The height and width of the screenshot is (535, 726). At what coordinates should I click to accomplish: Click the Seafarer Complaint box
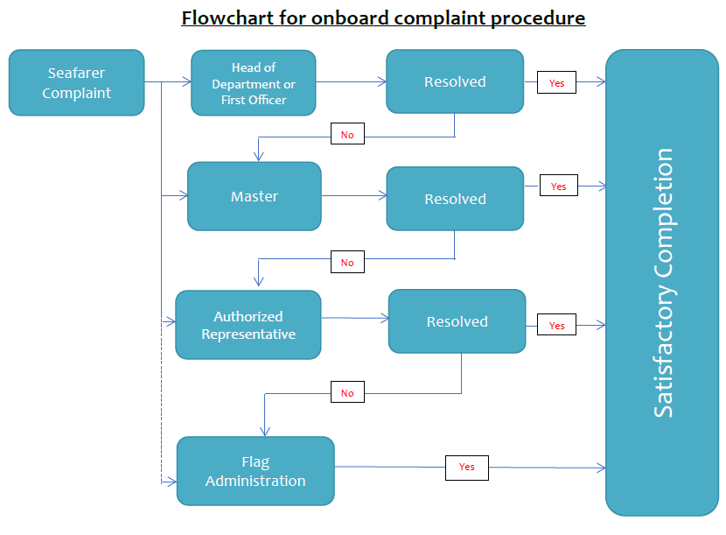click(76, 83)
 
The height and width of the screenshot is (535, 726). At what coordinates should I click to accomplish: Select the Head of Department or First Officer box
click(253, 83)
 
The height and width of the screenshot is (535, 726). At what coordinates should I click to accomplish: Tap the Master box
click(255, 196)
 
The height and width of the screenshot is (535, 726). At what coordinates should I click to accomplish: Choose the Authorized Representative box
click(248, 325)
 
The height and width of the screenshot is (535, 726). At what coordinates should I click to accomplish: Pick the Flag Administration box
click(255, 471)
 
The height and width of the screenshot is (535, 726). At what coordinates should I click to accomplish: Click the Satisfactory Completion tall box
click(662, 282)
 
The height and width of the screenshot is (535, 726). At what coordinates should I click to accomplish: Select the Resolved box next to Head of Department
click(455, 81)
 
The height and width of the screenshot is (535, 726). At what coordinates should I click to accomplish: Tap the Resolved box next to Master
click(455, 199)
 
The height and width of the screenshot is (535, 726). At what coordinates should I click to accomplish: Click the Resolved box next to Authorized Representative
click(457, 321)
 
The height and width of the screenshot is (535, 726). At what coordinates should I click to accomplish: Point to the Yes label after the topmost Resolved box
click(556, 83)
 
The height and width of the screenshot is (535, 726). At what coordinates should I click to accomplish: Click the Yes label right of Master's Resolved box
click(558, 187)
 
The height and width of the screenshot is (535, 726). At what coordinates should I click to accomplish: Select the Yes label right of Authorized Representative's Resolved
click(556, 325)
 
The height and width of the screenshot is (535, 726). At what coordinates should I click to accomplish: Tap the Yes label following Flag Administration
click(466, 467)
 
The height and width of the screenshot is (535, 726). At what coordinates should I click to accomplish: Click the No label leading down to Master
click(347, 135)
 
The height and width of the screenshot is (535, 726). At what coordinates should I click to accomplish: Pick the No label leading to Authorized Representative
click(347, 262)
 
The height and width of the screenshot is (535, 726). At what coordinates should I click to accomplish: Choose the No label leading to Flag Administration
click(347, 392)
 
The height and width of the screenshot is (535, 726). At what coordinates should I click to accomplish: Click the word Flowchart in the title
click(220, 18)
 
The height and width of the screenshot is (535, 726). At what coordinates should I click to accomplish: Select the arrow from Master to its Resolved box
click(353, 196)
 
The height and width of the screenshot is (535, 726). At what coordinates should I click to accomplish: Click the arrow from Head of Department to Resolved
click(351, 82)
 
